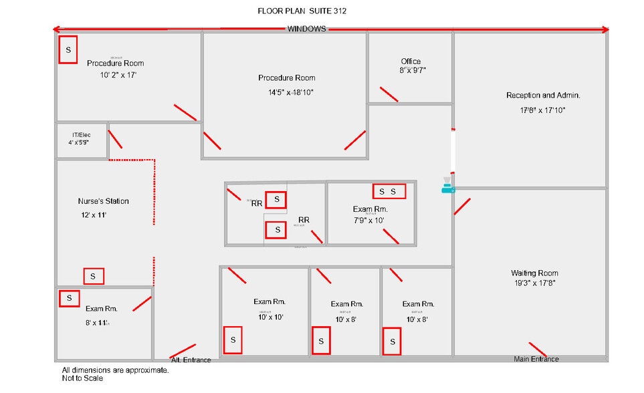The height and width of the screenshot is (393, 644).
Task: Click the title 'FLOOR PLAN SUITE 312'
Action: [x=302, y=11]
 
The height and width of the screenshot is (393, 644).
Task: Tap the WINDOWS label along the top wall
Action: [x=307, y=29]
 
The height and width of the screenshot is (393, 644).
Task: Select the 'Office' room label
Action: [x=411, y=61]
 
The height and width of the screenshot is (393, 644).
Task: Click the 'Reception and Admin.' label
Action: [x=543, y=96]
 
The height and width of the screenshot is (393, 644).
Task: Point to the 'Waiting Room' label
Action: [x=534, y=273]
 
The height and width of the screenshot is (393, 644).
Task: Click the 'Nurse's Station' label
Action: [x=104, y=201]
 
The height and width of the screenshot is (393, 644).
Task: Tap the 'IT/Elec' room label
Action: [x=81, y=135]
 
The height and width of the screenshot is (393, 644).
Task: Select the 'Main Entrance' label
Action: [x=536, y=359]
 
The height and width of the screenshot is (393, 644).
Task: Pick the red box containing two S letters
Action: [x=389, y=192]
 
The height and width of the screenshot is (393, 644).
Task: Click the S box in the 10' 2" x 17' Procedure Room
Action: [x=68, y=49]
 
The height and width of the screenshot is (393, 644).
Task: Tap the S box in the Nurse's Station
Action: [x=94, y=276]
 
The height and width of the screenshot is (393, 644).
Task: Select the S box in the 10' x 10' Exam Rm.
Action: [x=233, y=340]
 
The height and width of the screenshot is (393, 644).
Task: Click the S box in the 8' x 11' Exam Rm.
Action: [x=69, y=298]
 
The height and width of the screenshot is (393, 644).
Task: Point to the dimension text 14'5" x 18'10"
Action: [x=287, y=92]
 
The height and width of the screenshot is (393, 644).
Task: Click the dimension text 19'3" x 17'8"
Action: [x=534, y=283]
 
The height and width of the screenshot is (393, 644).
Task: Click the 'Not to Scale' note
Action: [x=83, y=378]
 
